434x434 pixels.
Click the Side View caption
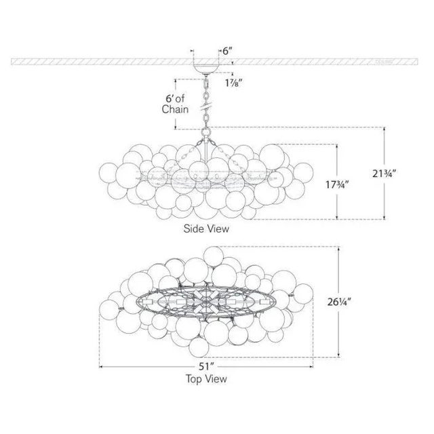pyautogui.click(x=206, y=229)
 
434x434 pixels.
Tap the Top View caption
pyautogui.click(x=208, y=380)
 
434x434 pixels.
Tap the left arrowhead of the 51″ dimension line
pyautogui.click(x=101, y=367)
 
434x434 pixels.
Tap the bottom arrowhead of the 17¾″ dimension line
pyautogui.click(x=337, y=218)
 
